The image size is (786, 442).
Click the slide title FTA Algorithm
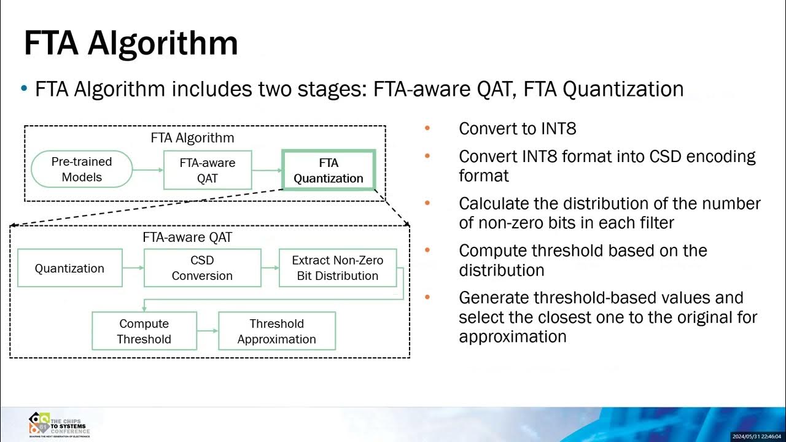(x=130, y=43)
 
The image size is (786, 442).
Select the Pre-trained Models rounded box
(x=82, y=169)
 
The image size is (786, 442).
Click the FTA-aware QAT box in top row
(x=207, y=171)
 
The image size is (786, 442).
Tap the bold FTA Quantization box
(x=328, y=170)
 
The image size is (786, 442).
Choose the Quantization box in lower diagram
(x=69, y=268)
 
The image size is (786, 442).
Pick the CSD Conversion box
(x=202, y=268)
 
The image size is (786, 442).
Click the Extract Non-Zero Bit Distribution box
(x=337, y=268)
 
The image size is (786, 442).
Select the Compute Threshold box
(x=144, y=331)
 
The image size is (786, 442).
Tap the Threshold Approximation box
(x=276, y=331)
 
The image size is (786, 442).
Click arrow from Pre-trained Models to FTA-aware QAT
(x=147, y=170)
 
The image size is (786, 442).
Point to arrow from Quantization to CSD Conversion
(x=133, y=268)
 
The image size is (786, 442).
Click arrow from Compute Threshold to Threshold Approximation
(x=207, y=331)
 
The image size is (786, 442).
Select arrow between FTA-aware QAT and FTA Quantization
(x=266, y=170)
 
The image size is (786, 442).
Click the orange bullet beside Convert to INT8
(x=427, y=129)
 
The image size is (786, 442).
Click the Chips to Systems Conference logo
(x=58, y=424)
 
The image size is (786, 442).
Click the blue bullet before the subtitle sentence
(x=25, y=89)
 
